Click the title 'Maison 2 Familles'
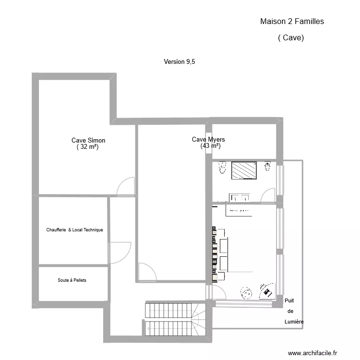[292, 21]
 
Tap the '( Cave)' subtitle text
[291, 37]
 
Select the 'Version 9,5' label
[180, 61]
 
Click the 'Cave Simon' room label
[88, 140]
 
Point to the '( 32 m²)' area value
[87, 147]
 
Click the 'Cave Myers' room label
[208, 139]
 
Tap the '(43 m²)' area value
[210, 146]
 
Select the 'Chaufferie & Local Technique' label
[74, 230]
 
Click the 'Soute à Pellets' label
[72, 280]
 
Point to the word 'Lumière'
[293, 322]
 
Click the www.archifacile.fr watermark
[312, 352]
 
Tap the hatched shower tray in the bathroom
[245, 170]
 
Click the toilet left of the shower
[222, 168]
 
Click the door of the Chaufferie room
[120, 252]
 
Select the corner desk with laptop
[266, 289]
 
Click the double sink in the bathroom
[240, 197]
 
